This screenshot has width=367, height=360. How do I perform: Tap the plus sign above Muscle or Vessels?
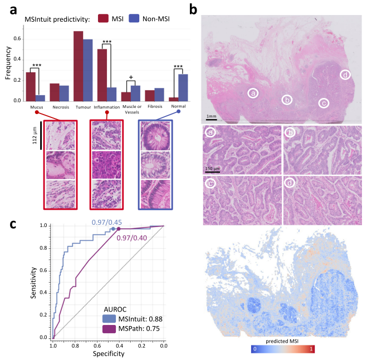click(x=131, y=78)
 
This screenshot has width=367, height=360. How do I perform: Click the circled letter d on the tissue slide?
click(x=345, y=75)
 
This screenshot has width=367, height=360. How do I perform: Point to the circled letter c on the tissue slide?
click(x=322, y=103)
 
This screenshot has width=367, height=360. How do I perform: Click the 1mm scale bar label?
click(x=212, y=116)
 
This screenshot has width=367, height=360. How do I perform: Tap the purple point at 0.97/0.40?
click(x=119, y=228)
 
